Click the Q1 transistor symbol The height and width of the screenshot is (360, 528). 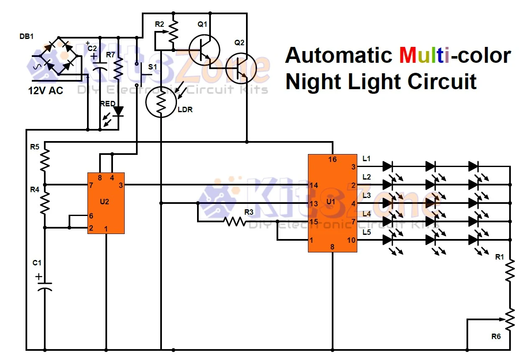click(x=204, y=49)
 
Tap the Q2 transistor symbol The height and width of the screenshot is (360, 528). click(x=241, y=68)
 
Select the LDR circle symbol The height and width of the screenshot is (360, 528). click(x=161, y=102)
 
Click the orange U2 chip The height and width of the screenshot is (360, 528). click(x=105, y=203)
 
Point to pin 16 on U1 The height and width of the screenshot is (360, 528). click(x=332, y=159)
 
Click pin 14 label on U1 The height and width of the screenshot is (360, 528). click(x=314, y=185)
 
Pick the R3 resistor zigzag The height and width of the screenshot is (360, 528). click(x=235, y=221)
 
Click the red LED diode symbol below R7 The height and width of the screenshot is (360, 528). click(x=119, y=111)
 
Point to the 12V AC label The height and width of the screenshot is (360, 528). click(x=46, y=90)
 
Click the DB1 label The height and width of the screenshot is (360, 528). click(x=26, y=36)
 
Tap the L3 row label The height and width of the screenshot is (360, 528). click(x=367, y=195)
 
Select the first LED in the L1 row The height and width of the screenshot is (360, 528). click(x=387, y=166)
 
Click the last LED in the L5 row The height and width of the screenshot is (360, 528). click(x=474, y=240)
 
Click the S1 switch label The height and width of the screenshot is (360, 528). click(x=153, y=67)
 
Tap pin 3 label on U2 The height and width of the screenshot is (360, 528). click(x=120, y=185)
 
